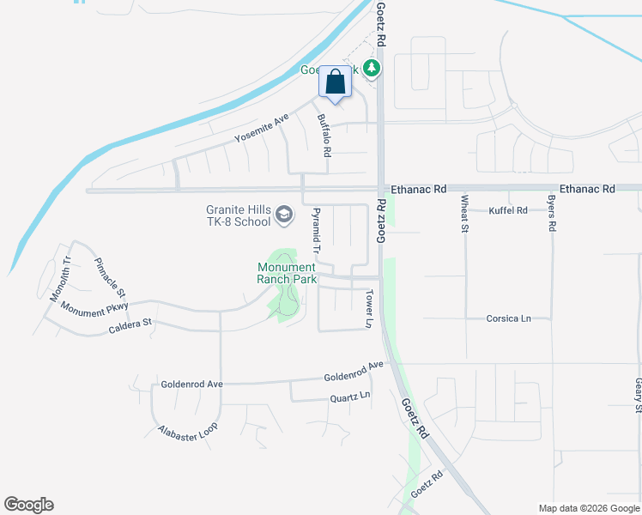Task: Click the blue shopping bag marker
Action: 335,83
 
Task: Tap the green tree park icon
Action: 372,67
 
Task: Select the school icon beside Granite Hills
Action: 283,216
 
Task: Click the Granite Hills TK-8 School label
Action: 238,215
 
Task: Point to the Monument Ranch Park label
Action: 288,273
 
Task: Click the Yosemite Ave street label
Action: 263,130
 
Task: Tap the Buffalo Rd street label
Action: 324,136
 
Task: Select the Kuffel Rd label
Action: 507,210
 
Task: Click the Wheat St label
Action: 464,214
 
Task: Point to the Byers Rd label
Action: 551,215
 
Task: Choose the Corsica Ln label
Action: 508,318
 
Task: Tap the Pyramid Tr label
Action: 316,230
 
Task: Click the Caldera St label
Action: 130,325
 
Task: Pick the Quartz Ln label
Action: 350,397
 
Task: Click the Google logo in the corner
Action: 28,505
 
